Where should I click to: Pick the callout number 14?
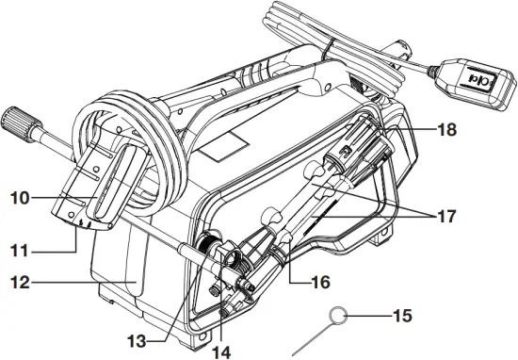coord(222,351)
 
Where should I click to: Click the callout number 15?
coord(401,315)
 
